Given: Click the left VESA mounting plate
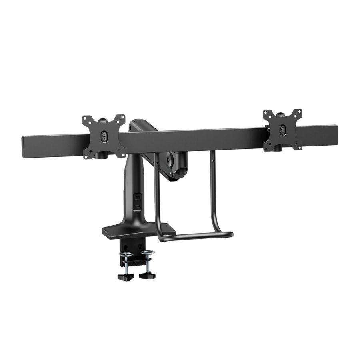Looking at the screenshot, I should pos(104,136).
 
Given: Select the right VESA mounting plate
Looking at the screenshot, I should pos(283,129).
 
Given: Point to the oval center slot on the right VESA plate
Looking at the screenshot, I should pos(283,129).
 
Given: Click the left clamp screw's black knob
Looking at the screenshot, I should pos(124,276).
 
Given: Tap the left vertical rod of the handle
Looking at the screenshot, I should pos(156,192).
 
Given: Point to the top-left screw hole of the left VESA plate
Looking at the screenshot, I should pos(85,118).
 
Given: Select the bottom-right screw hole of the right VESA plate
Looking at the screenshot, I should pos(299,147).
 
